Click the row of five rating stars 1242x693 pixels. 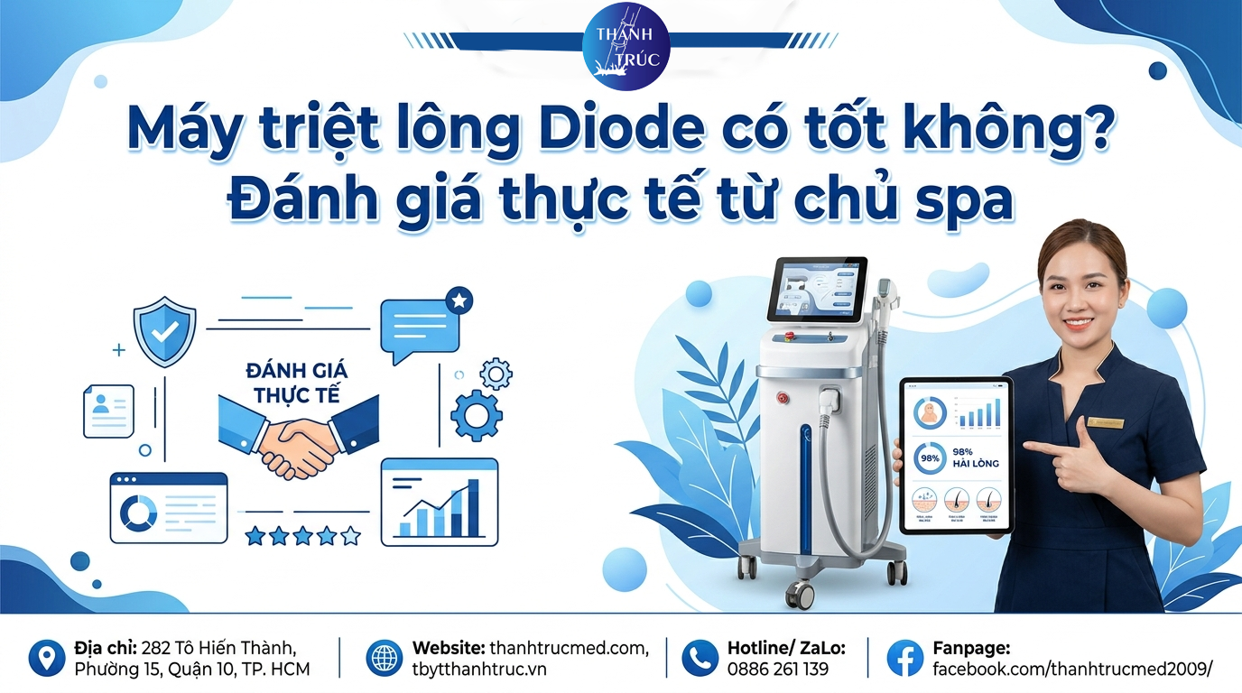302,536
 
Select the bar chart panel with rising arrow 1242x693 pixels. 440,503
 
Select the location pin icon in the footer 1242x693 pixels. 46,659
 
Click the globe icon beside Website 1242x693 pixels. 385,659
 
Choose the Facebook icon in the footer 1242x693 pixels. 904,659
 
